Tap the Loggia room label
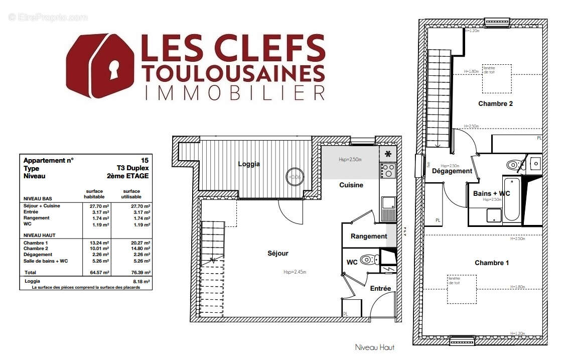[248, 164]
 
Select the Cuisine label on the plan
[351, 185]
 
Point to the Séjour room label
[278, 254]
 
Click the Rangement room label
[369, 236]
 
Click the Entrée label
[380, 289]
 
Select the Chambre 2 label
[495, 104]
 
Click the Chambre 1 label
[492, 263]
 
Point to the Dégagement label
[452, 171]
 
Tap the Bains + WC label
[492, 193]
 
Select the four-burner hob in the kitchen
[388, 171]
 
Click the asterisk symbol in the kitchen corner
[388, 154]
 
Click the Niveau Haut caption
[374, 347]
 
